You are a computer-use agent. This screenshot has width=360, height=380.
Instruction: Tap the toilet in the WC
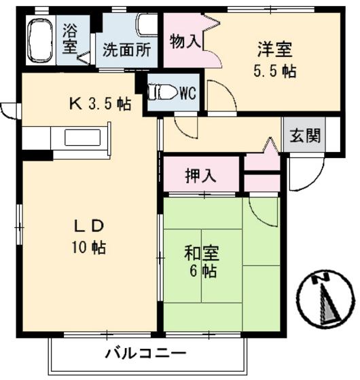point(162,92)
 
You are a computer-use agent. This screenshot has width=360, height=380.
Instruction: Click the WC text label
point(187,93)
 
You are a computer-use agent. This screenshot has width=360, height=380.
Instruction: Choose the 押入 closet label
point(202,175)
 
